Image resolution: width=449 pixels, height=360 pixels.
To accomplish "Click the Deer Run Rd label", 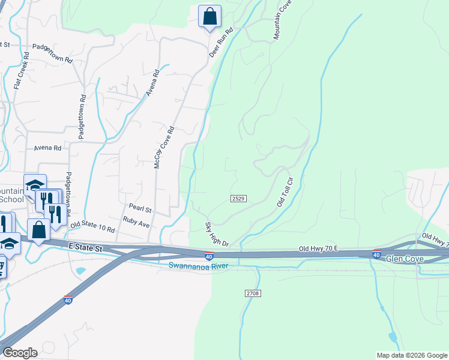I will click(x=220, y=43).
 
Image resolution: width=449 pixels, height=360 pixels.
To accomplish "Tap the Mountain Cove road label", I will click(x=282, y=20).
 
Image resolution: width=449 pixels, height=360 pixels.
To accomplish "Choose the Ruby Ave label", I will click(x=136, y=221).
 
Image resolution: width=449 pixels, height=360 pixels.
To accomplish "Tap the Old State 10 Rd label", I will click(x=92, y=228).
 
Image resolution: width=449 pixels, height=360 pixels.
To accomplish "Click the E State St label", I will click(x=86, y=246).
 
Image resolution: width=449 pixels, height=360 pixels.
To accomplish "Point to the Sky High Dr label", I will click(x=217, y=234).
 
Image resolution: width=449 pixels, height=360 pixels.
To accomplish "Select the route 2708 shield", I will click(x=253, y=293).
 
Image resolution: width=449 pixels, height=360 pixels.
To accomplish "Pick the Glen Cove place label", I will click(x=405, y=259).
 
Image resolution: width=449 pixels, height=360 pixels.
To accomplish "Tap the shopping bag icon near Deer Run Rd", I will click(x=209, y=16).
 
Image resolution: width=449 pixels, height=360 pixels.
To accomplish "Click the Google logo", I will click(x=20, y=353).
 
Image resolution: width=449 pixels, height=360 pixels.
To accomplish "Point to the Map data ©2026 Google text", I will click(x=411, y=355).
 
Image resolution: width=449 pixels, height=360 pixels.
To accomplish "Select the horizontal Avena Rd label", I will click(x=48, y=148).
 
